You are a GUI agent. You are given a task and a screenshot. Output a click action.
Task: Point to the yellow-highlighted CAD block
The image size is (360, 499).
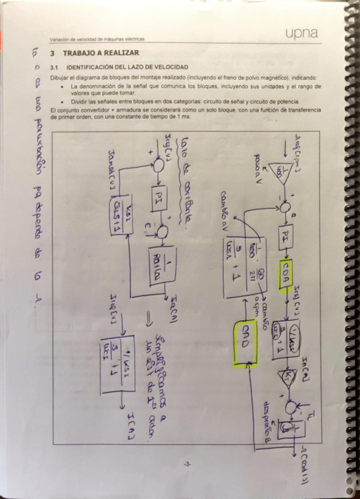click(x=244, y=343)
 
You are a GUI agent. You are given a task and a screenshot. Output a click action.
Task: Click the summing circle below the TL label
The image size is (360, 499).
click(x=288, y=407)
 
